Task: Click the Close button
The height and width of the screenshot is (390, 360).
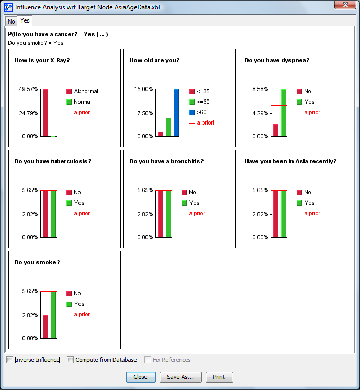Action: [141, 377]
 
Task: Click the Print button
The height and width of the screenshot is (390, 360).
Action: [219, 377]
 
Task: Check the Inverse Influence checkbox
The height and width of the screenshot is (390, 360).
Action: [10, 360]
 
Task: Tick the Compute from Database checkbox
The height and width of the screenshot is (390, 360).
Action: [71, 360]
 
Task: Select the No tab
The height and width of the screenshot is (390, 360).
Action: [12, 21]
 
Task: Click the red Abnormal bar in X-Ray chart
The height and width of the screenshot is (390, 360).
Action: [46, 113]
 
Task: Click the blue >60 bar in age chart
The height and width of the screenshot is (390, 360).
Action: [176, 113]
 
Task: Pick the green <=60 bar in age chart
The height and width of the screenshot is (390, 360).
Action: [168, 127]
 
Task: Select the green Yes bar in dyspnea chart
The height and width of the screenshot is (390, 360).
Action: [284, 113]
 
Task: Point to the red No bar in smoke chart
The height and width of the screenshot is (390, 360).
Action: [46, 327]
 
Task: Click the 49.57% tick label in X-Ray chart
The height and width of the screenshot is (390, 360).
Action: [29, 89]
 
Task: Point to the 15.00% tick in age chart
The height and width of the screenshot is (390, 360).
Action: [144, 89]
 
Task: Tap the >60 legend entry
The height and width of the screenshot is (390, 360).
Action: [202, 112]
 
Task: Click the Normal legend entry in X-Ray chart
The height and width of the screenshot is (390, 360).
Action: [83, 102]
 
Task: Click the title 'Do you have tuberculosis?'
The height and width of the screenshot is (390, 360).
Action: [53, 161]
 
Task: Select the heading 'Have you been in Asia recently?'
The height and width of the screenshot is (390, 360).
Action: [290, 161]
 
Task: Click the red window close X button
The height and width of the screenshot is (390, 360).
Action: [344, 5]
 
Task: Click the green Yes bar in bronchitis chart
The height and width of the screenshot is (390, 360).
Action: [168, 214]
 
